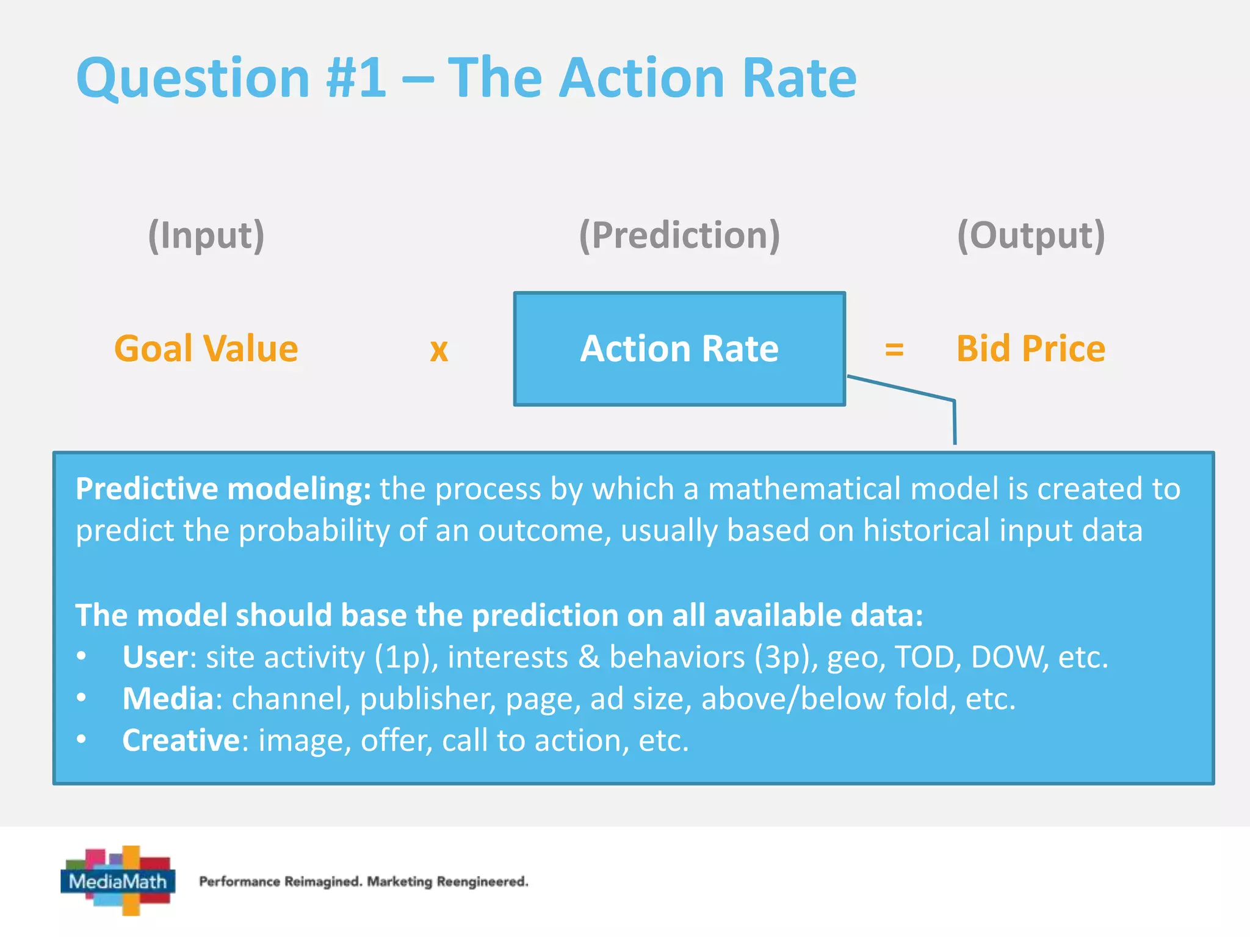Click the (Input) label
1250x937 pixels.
click(206, 235)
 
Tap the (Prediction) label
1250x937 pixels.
click(679, 235)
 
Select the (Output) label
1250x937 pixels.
click(1031, 235)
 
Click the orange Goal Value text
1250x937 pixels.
click(206, 349)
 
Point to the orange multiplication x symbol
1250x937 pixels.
click(439, 350)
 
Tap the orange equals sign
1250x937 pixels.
click(894, 350)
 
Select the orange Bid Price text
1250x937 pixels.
click(1031, 349)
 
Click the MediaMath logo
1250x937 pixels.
click(118, 880)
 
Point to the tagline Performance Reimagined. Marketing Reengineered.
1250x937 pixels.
click(364, 881)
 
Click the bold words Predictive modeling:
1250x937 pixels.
click(223, 489)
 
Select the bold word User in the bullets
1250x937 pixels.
click(155, 658)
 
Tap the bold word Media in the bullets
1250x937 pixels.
click(168, 699)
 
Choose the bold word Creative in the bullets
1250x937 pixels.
click(181, 741)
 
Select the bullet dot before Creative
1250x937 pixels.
click(82, 739)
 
